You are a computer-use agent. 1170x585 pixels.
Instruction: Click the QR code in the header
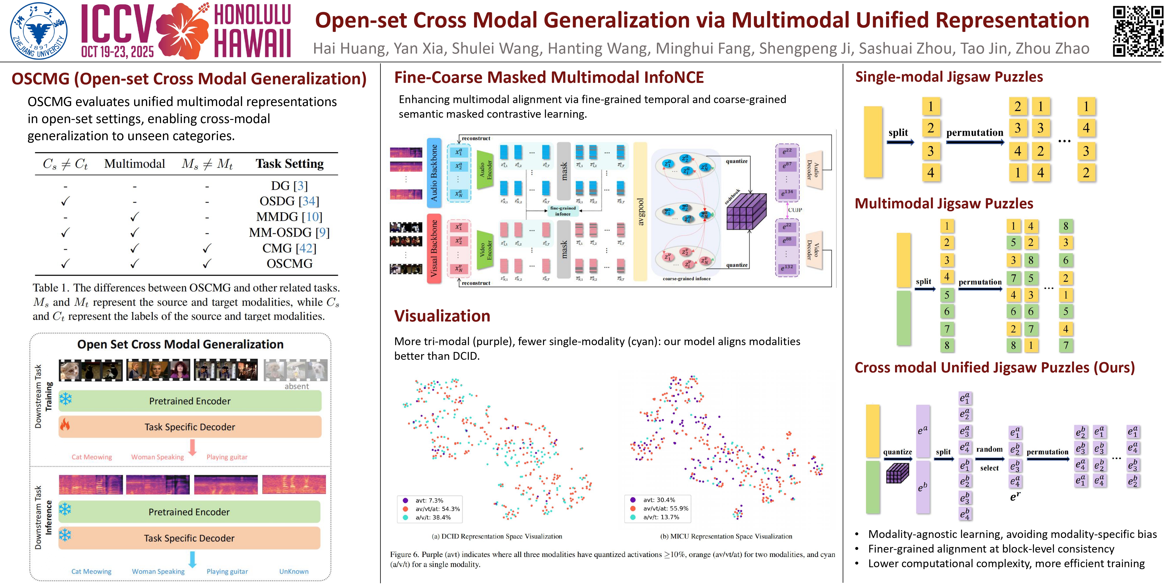[1138, 31]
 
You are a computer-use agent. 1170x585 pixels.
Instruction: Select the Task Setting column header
[289, 164]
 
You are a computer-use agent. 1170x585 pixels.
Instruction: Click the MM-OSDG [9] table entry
[289, 233]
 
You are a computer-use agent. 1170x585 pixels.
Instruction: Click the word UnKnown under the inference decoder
[294, 571]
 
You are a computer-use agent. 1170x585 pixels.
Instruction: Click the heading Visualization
[442, 316]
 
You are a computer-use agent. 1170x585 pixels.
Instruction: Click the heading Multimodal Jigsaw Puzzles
[944, 204]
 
